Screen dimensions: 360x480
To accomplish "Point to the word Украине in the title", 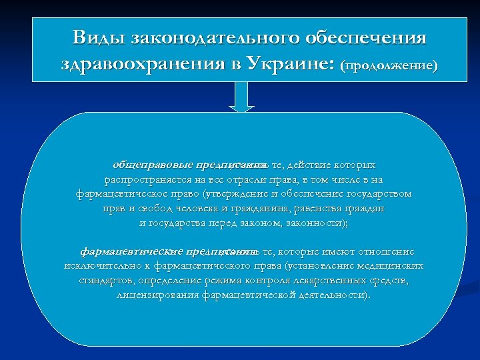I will click(x=291, y=65).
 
